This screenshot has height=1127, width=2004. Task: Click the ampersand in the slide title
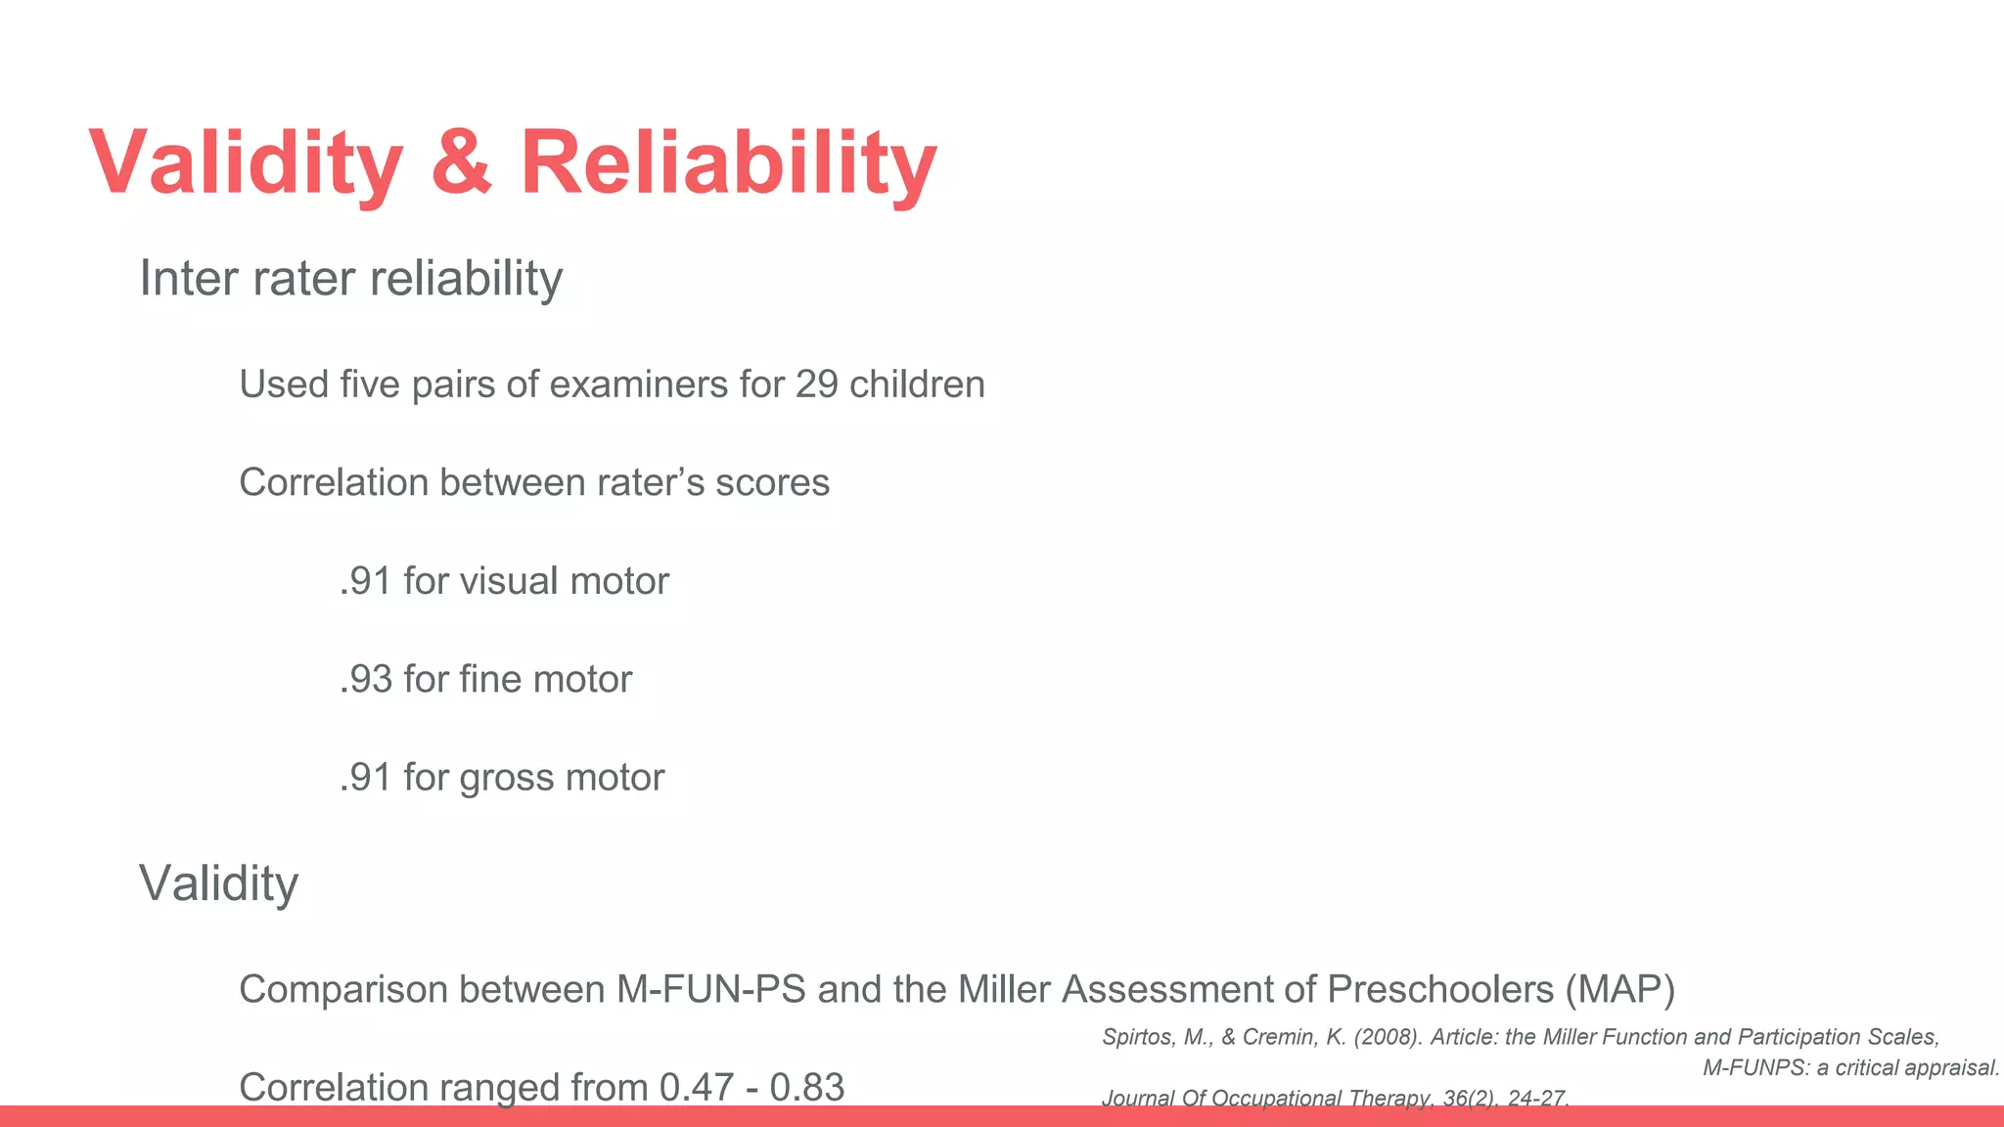[x=460, y=161]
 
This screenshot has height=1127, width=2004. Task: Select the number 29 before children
[x=816, y=384]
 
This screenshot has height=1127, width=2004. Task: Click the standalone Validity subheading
[x=218, y=883]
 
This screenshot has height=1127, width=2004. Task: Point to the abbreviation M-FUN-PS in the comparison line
[x=710, y=989]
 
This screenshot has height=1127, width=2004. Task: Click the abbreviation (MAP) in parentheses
[x=1619, y=989]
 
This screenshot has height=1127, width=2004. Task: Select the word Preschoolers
[x=1439, y=989]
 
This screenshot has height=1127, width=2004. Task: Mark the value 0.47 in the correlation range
[x=696, y=1087]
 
